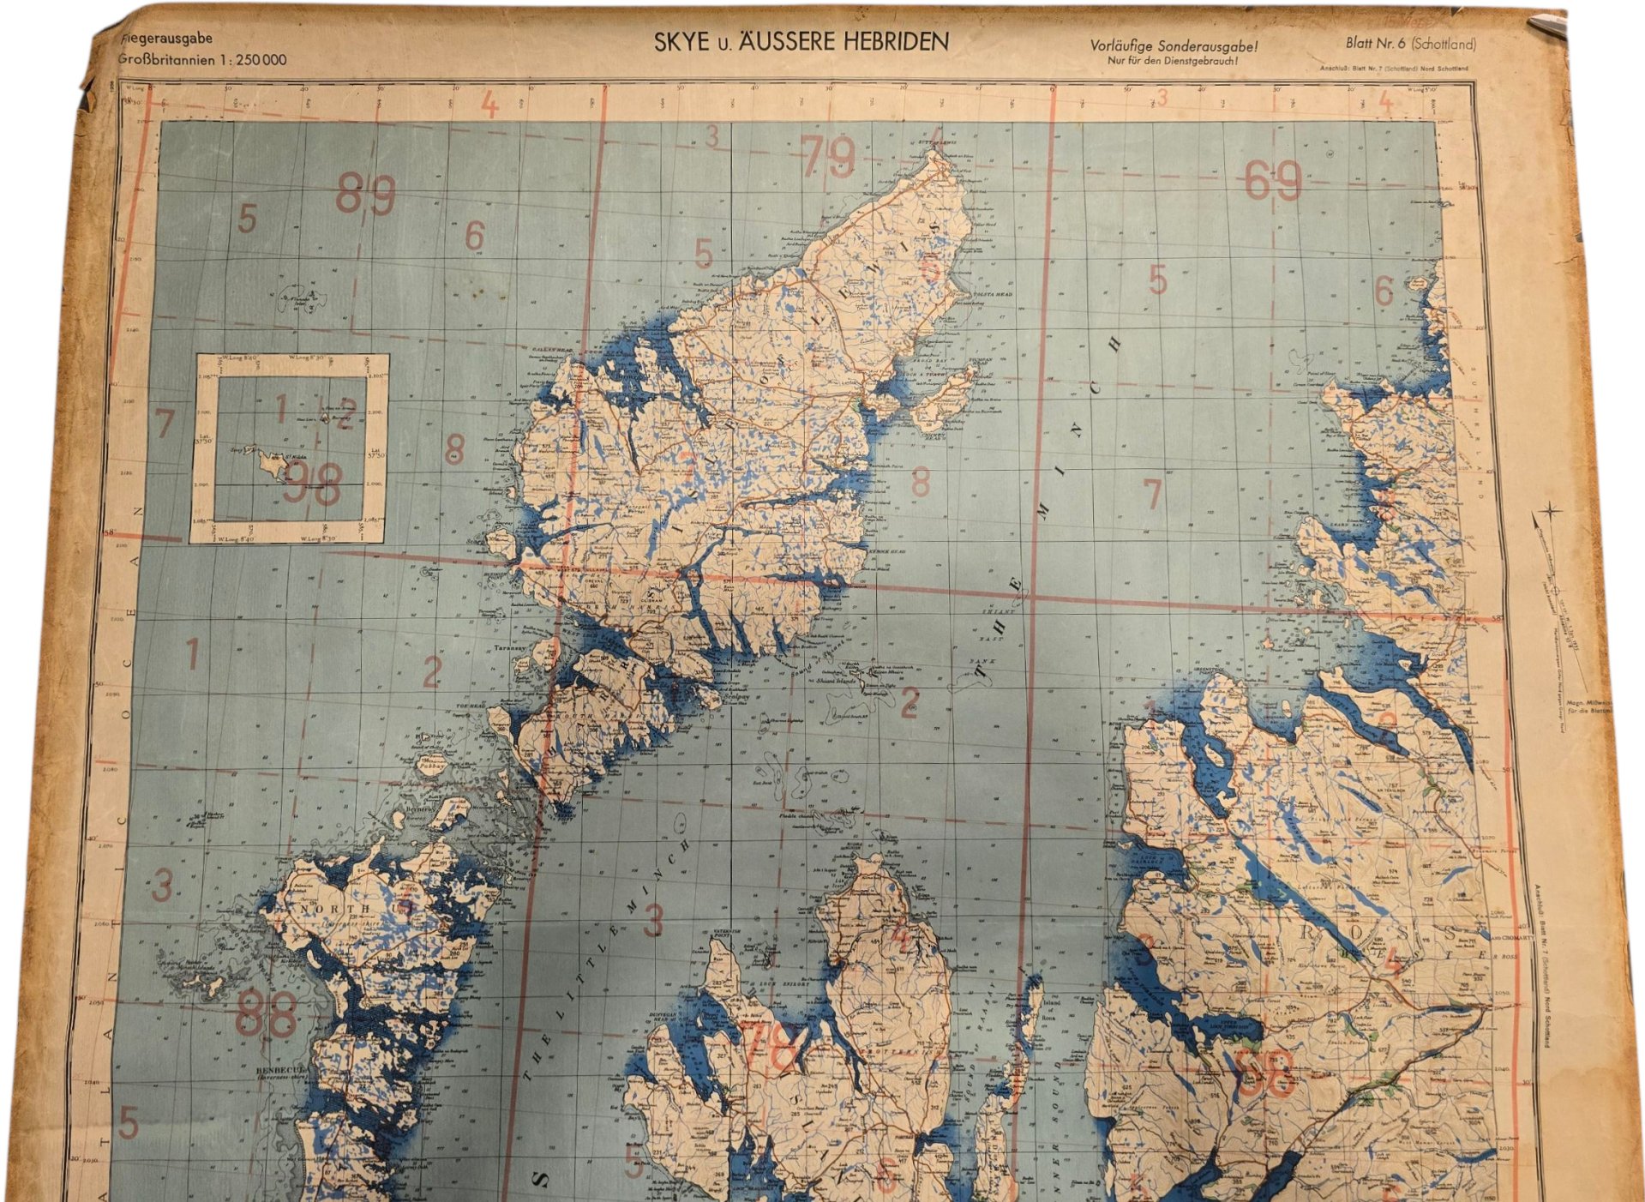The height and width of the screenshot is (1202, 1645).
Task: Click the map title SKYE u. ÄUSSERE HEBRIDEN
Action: (x=801, y=42)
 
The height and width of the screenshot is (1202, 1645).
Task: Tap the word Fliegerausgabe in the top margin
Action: (x=166, y=39)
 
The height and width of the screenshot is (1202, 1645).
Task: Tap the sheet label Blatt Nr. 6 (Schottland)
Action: (x=1410, y=44)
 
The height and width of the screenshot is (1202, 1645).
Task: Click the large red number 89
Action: (x=365, y=195)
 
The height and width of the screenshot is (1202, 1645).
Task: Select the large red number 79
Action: (x=828, y=158)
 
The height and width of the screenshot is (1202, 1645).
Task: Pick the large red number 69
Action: (x=1273, y=182)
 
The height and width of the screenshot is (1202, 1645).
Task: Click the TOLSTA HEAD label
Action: (x=993, y=294)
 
